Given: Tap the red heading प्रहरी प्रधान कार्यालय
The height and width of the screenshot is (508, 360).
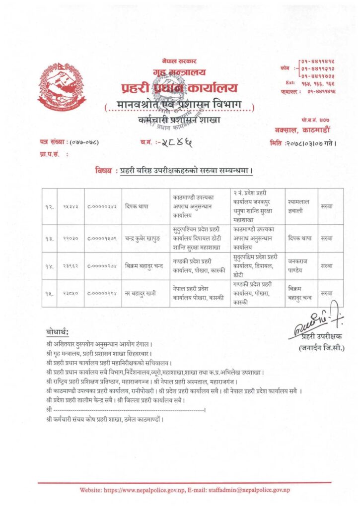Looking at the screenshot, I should coord(179,89).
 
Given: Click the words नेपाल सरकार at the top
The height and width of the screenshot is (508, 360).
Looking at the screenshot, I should coord(179,61).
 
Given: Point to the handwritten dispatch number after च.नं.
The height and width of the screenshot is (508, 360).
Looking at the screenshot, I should coord(175,143).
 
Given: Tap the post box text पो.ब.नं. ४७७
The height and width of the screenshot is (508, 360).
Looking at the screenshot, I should coord(315,121).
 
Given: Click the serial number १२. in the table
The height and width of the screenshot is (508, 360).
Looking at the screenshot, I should coord(50,206).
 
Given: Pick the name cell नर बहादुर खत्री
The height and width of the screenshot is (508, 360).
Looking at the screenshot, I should coord(141,293).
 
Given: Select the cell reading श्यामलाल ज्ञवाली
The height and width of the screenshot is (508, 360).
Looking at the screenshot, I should coord(298,206).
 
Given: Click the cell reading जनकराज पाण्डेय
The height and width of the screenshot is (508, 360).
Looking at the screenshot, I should coord(298,265).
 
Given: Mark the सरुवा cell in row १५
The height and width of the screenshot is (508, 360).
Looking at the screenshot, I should coord(326,293).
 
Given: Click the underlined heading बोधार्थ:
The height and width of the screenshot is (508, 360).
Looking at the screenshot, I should coord(58,331).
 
